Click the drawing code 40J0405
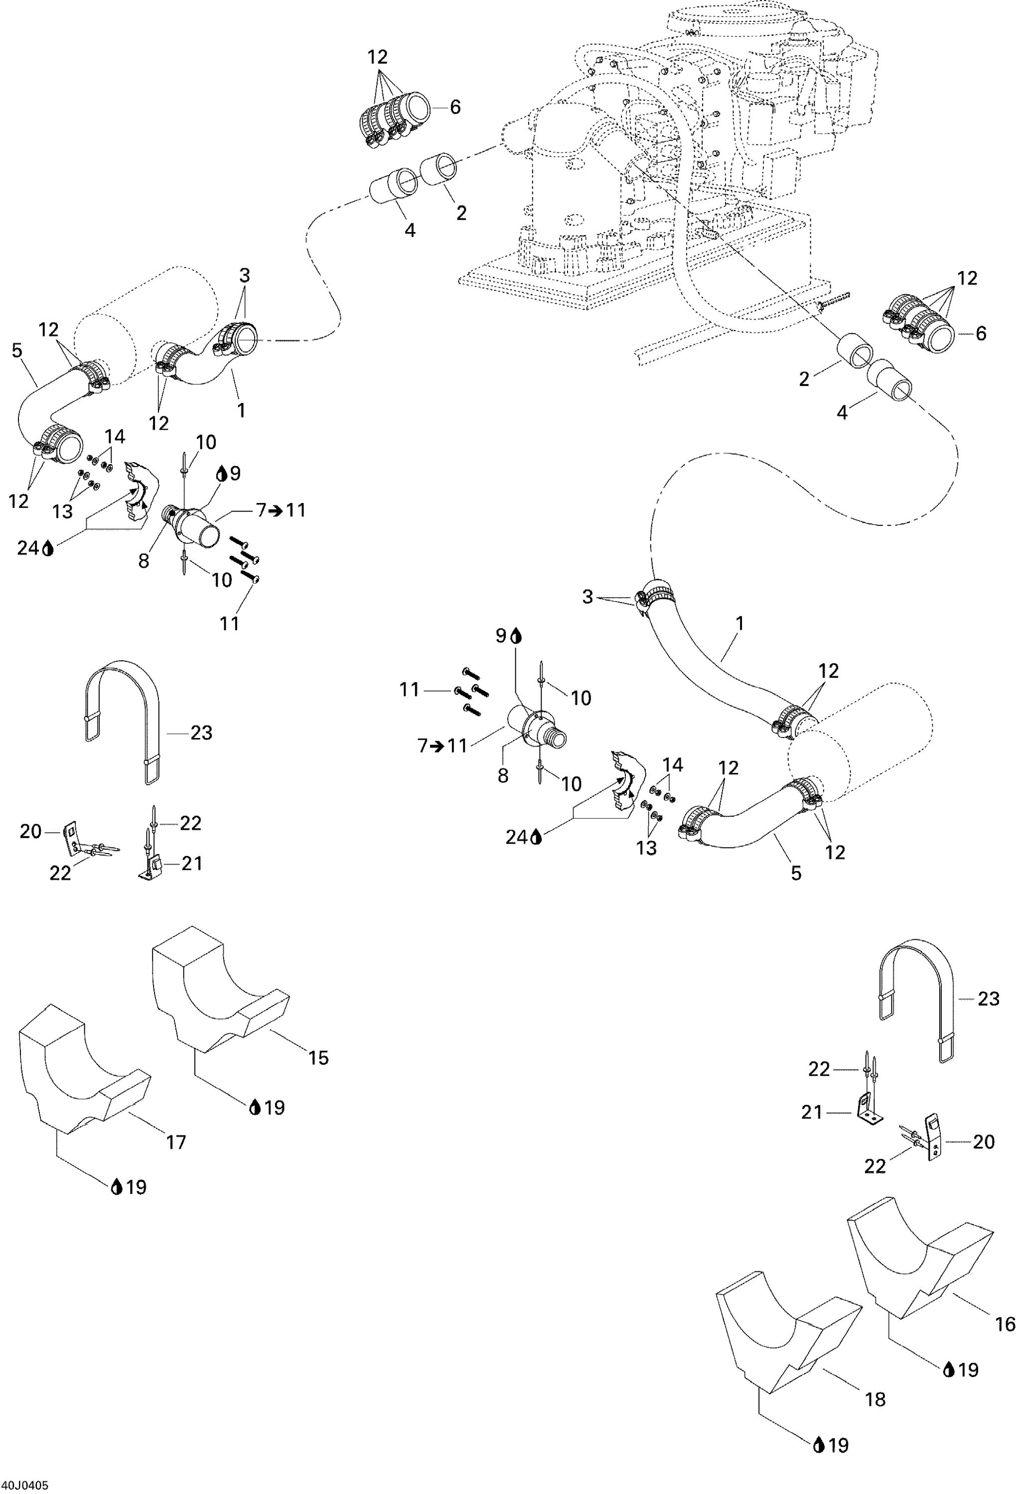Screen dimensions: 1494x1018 coord(24,1486)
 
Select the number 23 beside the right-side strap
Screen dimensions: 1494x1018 coord(989,998)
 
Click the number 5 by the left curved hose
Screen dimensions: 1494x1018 coord(17,351)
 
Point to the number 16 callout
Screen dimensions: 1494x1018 coord(1005,1324)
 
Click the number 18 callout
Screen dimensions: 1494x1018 coord(875,1399)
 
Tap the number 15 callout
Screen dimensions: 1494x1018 coord(318,1057)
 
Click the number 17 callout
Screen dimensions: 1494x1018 coord(175,1142)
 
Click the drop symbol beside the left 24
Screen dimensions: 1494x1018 coord(48,548)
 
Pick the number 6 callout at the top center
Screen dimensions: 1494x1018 coord(455,107)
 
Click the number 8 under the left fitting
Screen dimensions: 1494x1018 coord(144,561)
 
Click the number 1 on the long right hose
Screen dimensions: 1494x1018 coord(739,623)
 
